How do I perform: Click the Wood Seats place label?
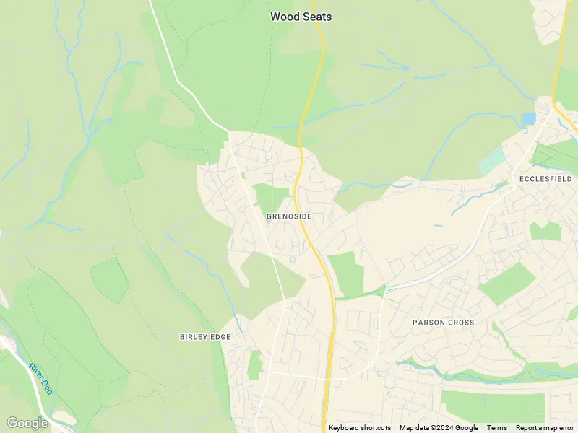(x=301, y=16)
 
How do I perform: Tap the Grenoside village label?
(x=289, y=216)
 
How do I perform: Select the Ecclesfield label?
(x=545, y=178)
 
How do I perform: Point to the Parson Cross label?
(x=444, y=322)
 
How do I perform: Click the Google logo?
(x=27, y=423)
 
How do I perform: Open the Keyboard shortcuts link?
(x=360, y=428)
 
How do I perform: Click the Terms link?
(x=497, y=428)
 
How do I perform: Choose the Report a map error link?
(x=545, y=428)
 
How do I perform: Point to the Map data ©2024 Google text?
(x=439, y=428)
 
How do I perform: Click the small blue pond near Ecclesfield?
(x=528, y=118)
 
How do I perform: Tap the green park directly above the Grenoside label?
(x=271, y=197)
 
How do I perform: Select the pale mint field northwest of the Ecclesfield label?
(x=492, y=159)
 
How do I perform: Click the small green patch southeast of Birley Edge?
(x=254, y=364)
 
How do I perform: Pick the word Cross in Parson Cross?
(x=460, y=322)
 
